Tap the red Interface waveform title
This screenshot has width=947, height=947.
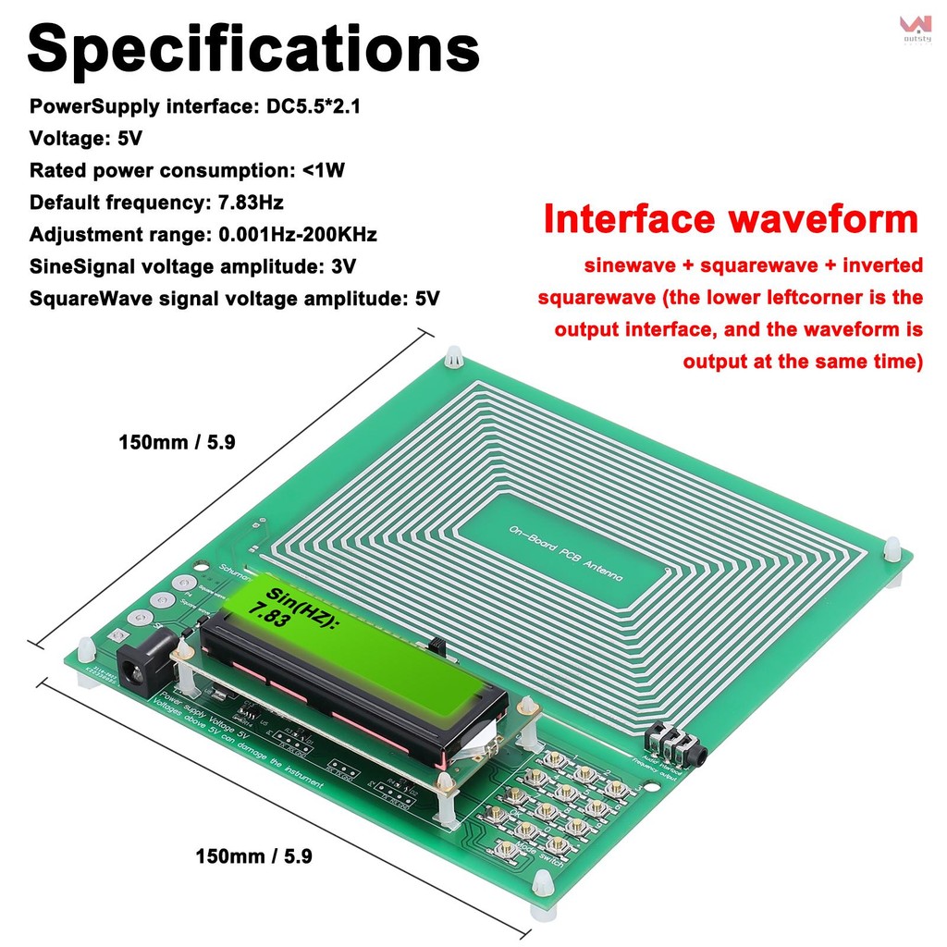[731, 220]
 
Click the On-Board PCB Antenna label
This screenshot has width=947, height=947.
[566, 553]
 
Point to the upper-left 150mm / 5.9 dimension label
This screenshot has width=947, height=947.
[177, 442]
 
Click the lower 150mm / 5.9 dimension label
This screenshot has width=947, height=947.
[253, 856]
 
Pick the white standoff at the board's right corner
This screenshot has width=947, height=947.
[892, 551]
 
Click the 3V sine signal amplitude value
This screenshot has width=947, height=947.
[342, 266]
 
